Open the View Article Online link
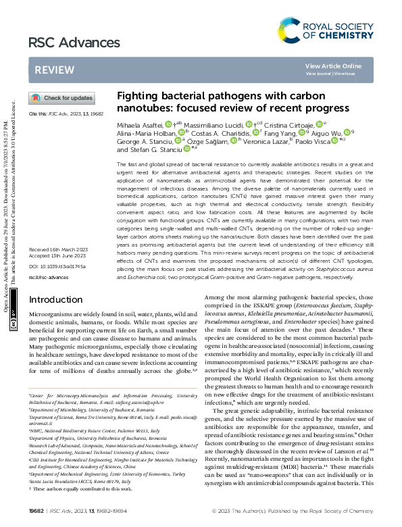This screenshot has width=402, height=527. (x=333, y=66)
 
